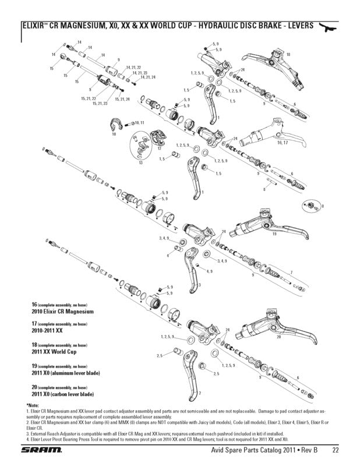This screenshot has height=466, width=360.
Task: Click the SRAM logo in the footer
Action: click(40, 450)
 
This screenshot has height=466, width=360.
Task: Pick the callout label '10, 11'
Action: click(139, 123)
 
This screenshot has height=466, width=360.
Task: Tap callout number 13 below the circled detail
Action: click(140, 163)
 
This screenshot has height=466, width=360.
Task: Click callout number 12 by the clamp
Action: click(158, 149)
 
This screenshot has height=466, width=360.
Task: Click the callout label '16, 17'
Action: click(283, 143)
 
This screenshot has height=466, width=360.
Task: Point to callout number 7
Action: click(291, 273)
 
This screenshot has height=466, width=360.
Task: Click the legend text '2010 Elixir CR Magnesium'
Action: click(62, 312)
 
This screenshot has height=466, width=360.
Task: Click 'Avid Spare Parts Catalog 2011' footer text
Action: click(250, 450)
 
